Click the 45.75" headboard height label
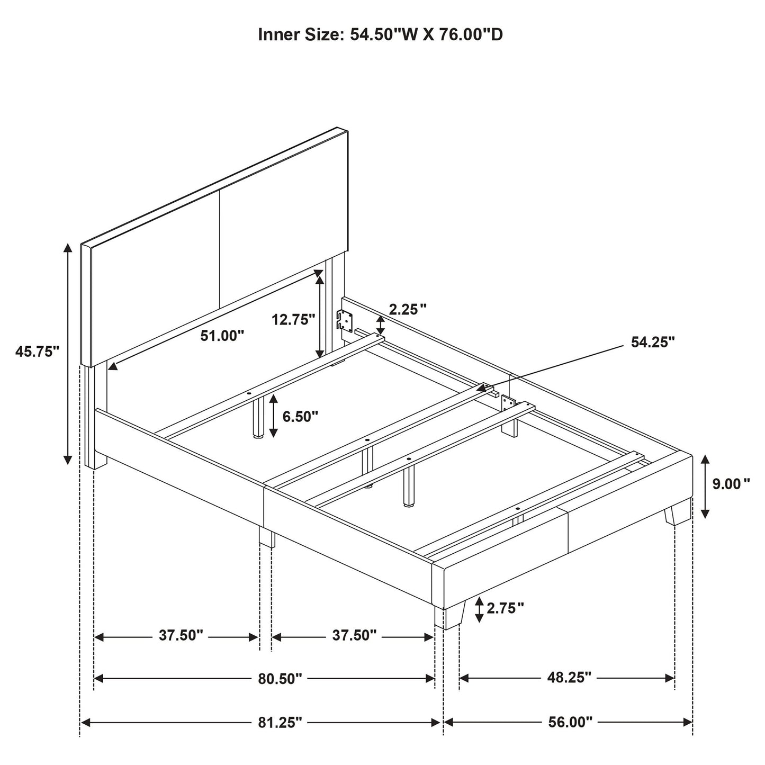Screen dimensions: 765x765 coord(37,351)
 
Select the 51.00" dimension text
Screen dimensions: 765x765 coord(222,336)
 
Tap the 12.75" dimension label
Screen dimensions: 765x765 coord(293,319)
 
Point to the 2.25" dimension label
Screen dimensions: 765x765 coord(408,310)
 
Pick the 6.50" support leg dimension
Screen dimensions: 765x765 coord(300,416)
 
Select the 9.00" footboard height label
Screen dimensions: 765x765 coord(731,483)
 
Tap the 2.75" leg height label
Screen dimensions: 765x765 coord(505,608)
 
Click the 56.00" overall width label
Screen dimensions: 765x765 coord(570,722)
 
